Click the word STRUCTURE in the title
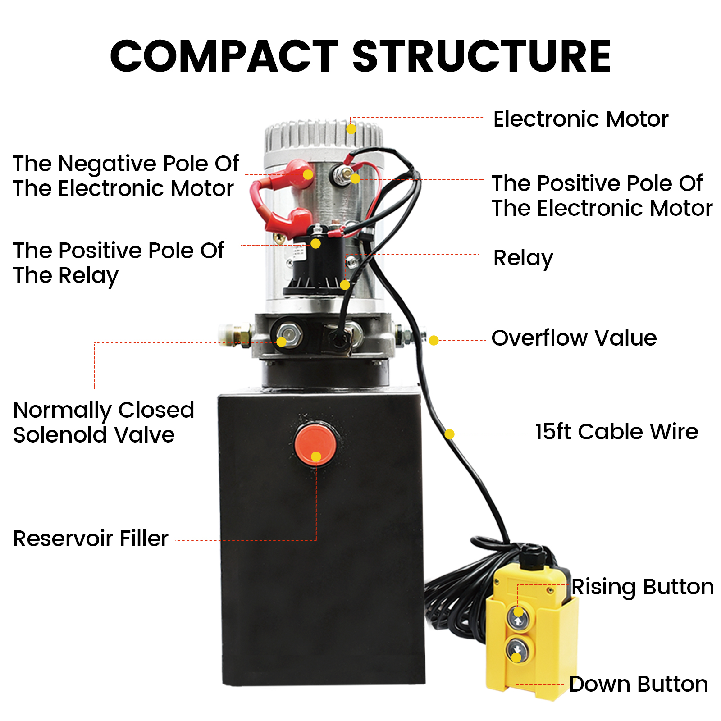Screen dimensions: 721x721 [481, 56]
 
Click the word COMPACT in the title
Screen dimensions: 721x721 [224, 56]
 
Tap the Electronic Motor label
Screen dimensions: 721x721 [580, 119]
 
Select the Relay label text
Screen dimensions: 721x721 [523, 258]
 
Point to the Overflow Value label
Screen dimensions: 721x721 [574, 338]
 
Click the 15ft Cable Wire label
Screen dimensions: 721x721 [616, 432]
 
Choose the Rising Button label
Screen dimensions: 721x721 [642, 587]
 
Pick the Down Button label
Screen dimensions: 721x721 [638, 684]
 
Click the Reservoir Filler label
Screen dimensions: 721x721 [91, 538]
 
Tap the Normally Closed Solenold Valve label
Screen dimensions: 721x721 [103, 422]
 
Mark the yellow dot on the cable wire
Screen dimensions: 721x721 [449, 434]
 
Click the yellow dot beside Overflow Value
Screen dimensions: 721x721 [434, 340]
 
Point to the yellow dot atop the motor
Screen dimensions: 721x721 [351, 129]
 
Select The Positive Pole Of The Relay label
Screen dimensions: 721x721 [118, 263]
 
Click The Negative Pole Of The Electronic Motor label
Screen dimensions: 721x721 [125, 176]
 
